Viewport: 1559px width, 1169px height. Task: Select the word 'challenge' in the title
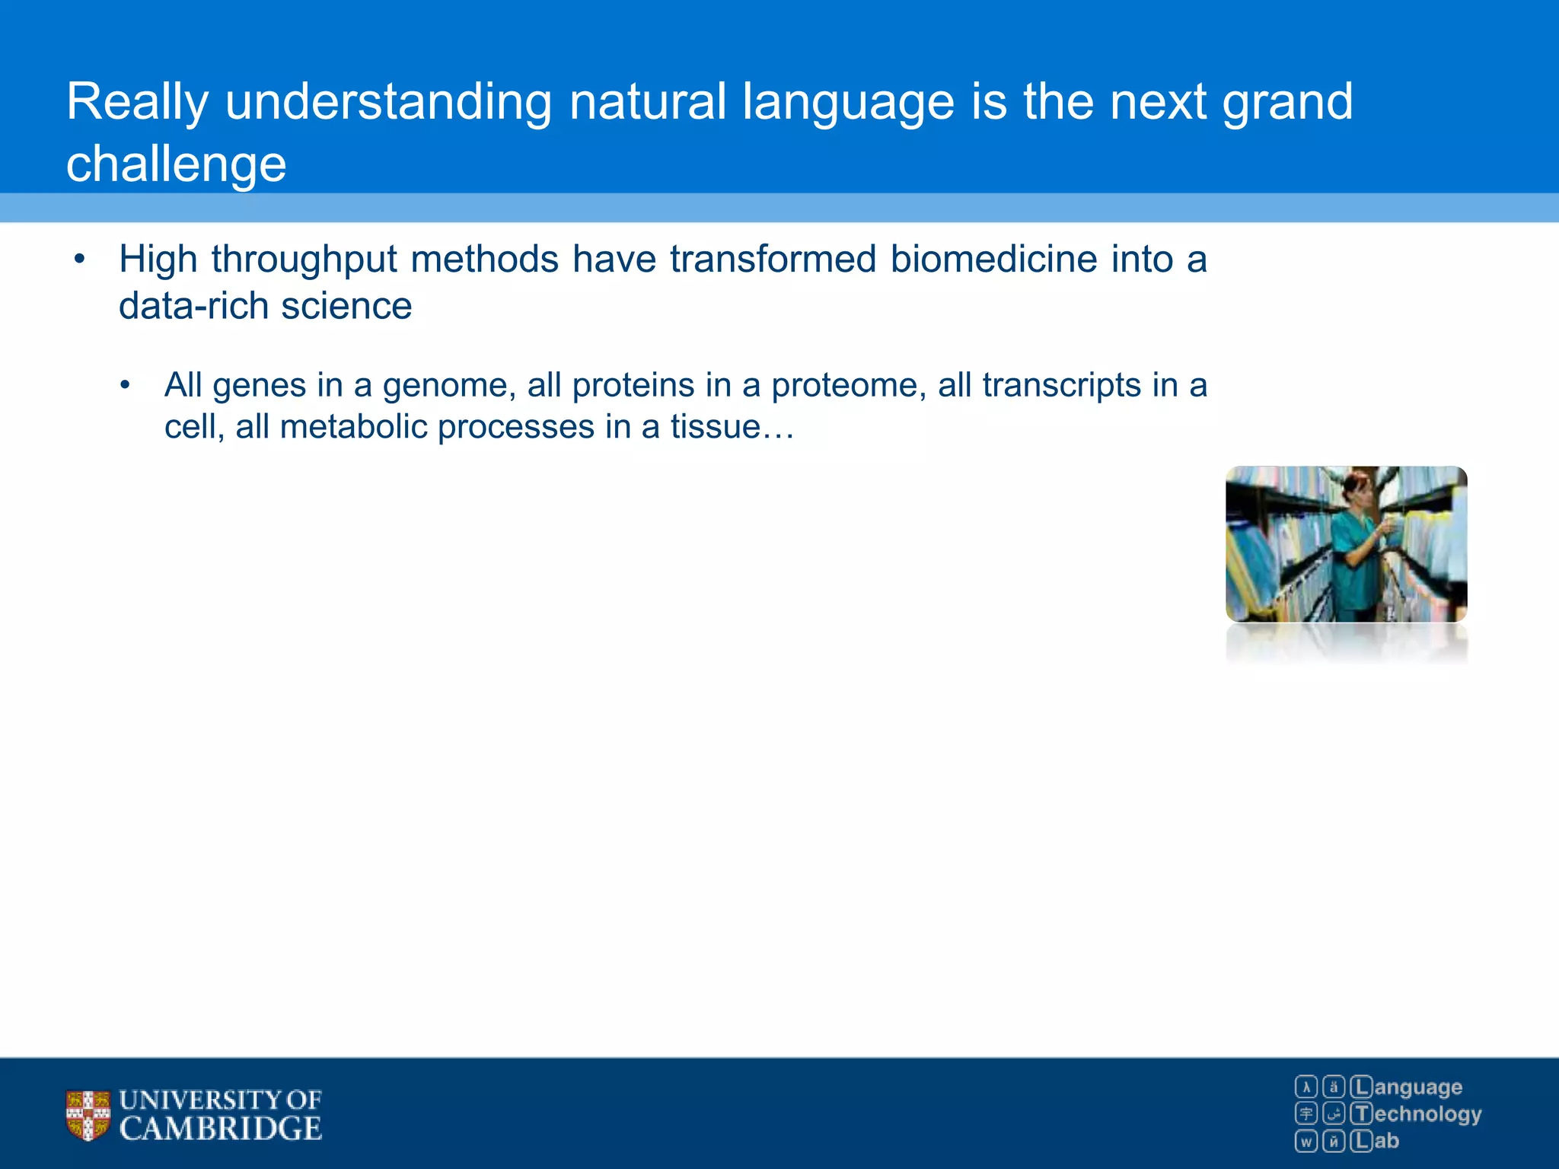(177, 165)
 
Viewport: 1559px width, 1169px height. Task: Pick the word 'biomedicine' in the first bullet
(994, 260)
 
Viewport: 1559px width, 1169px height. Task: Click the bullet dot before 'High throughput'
(79, 261)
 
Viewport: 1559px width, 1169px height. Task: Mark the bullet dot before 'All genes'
(125, 386)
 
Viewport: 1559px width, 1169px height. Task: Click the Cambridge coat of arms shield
(88, 1116)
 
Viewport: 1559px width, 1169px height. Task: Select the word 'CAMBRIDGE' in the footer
(221, 1129)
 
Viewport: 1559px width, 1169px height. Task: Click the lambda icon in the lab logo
(1306, 1087)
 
